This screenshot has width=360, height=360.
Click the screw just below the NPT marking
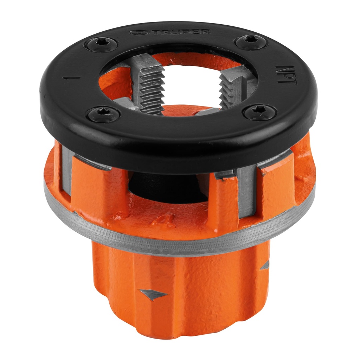[x=260, y=112]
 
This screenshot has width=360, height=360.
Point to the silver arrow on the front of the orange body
[x=153, y=294]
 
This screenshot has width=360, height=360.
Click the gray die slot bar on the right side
[x=246, y=192]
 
